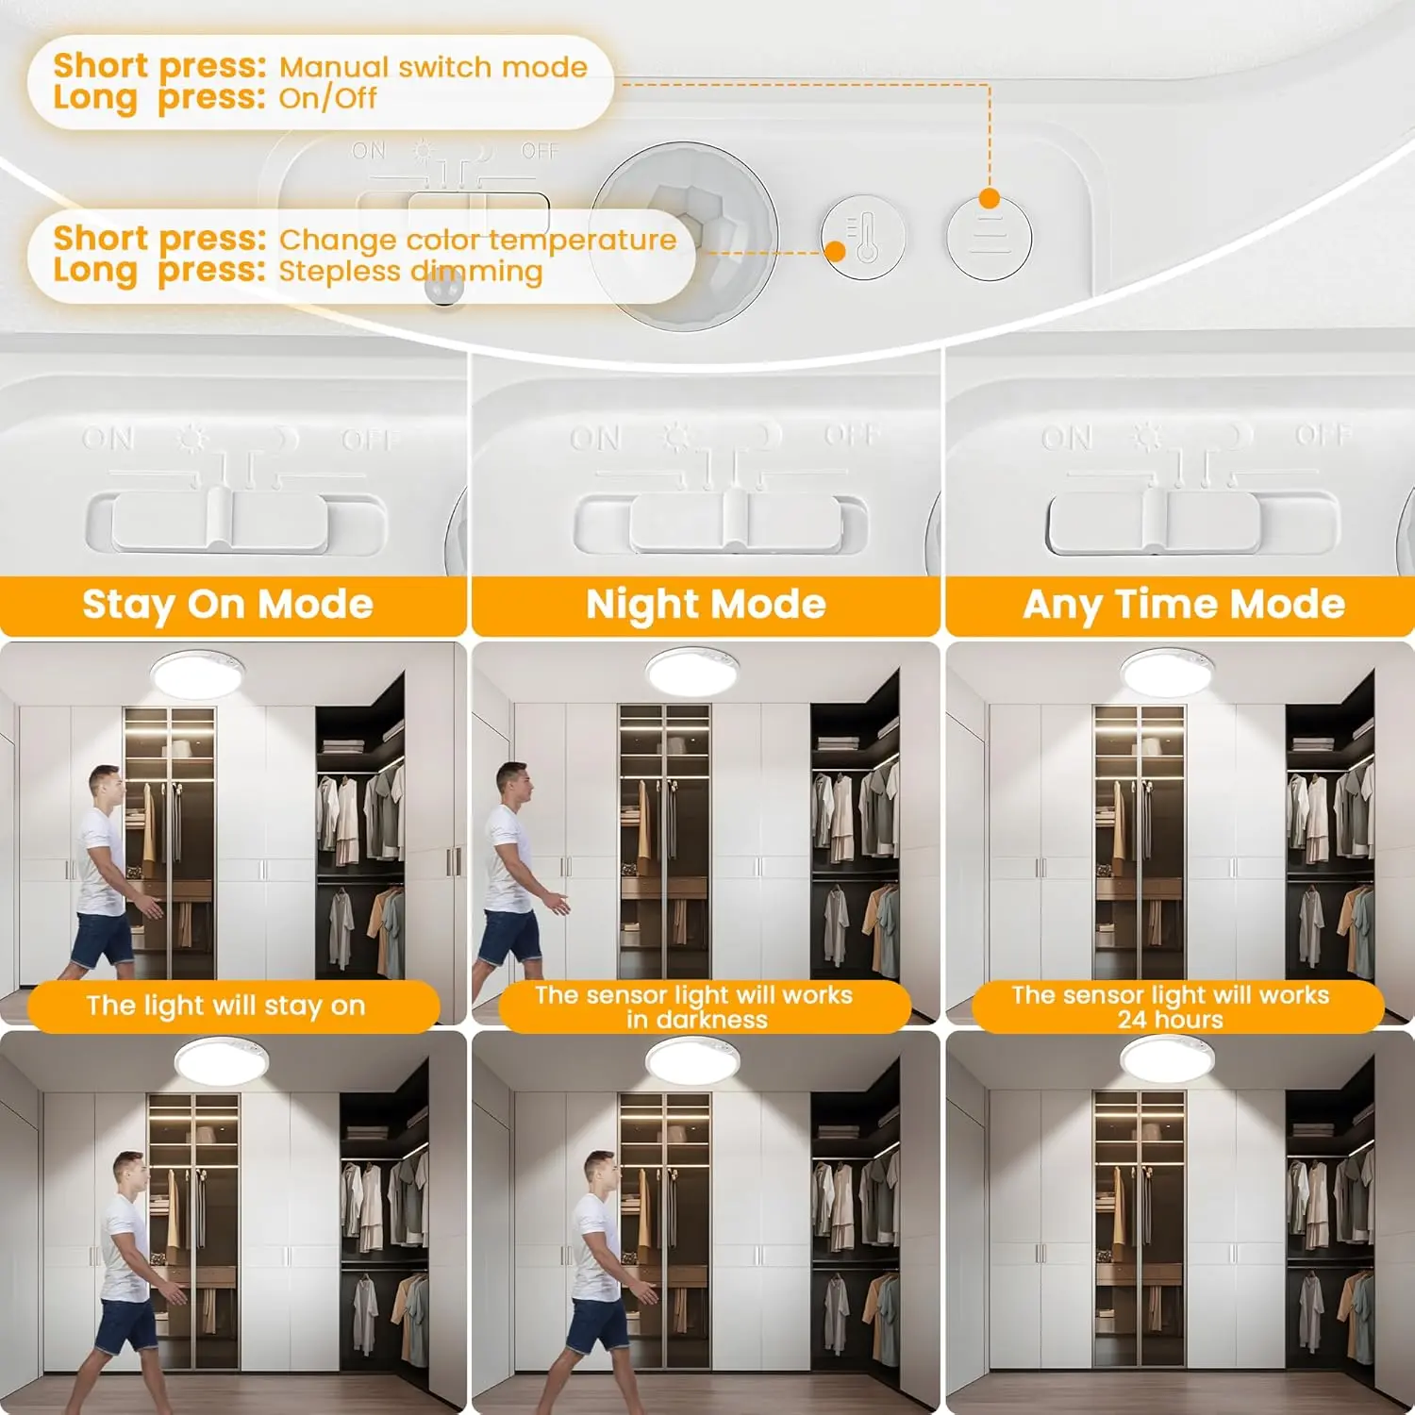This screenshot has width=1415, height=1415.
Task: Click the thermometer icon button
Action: click(863, 238)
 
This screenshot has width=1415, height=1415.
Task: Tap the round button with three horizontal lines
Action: click(990, 238)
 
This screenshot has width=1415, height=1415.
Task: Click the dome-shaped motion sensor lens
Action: click(687, 236)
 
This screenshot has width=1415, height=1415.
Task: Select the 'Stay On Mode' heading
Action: click(228, 605)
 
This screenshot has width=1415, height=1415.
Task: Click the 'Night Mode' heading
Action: click(706, 605)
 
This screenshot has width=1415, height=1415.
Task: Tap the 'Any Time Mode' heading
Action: click(1184, 605)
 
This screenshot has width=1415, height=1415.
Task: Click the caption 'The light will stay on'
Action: click(225, 1007)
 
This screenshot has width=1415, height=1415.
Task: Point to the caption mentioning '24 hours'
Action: click(1171, 1007)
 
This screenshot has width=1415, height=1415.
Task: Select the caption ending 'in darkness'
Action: click(694, 1007)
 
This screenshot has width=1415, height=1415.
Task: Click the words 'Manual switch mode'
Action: click(433, 67)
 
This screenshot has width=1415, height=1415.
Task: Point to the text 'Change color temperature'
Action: click(478, 240)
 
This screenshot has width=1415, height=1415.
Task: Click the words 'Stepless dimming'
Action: click(411, 272)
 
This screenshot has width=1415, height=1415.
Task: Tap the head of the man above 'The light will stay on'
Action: click(106, 786)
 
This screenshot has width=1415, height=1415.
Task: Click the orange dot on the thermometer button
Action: click(835, 252)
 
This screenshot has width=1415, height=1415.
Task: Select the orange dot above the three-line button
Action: click(990, 198)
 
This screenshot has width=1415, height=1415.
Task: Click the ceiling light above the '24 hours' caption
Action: click(1167, 673)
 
